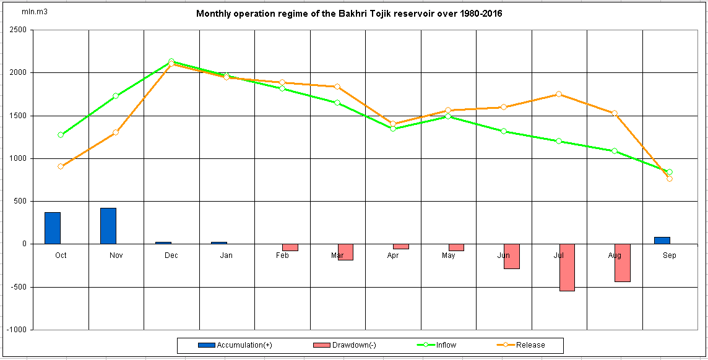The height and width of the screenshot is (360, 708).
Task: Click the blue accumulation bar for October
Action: [x=53, y=228]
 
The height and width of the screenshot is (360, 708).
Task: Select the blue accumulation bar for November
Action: [x=108, y=226]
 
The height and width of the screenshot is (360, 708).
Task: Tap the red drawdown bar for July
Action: [x=567, y=267]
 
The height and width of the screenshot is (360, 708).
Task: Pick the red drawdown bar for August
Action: [x=622, y=263]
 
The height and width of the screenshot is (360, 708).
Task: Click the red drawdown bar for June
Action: [x=512, y=256]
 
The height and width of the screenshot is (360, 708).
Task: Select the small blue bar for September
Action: [x=662, y=240]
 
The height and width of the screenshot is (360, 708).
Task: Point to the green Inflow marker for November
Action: [x=116, y=96]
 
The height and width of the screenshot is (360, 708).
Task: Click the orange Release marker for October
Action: [x=61, y=166]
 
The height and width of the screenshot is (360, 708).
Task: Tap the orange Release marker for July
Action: [x=558, y=94]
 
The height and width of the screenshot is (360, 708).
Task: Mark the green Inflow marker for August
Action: [x=614, y=151]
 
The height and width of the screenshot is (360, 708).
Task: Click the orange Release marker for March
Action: [x=337, y=87]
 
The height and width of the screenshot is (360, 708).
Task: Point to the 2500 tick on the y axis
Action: [x=17, y=30]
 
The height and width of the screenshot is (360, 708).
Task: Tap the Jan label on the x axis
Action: [x=227, y=255]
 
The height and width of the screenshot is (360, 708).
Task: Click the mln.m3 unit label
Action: [x=32, y=12]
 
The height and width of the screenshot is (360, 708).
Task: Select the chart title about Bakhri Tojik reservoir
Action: [x=348, y=14]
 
